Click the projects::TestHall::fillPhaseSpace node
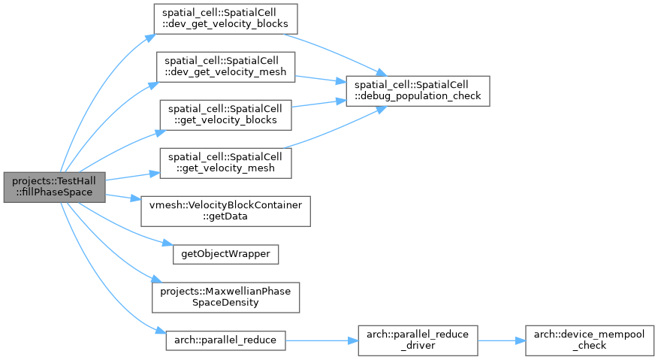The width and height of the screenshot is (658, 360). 55,187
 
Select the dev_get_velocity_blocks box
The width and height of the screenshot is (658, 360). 225,19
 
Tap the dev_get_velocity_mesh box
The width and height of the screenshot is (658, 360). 225,67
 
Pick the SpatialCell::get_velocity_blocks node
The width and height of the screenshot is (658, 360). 225,115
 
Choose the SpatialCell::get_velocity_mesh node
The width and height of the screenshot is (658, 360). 225,163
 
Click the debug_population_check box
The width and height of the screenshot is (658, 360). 418,91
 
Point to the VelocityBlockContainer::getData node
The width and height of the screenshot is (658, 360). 225,211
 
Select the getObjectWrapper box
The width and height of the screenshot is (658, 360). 225,254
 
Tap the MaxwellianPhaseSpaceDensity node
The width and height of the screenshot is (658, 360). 225,298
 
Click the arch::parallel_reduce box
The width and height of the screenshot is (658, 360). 225,340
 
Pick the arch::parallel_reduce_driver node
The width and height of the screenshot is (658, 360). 418,340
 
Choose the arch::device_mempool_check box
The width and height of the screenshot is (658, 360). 589,340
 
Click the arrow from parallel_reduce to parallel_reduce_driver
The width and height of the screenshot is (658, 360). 322,340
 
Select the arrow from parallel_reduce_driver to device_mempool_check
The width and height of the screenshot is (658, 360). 502,340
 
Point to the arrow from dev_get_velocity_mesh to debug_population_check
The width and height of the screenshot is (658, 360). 321,79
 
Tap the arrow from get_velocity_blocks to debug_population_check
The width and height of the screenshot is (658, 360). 319,103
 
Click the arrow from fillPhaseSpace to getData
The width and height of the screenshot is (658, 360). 123,197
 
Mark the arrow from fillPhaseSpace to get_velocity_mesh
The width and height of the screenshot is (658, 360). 133,177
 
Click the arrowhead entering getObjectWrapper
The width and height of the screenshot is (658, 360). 168,244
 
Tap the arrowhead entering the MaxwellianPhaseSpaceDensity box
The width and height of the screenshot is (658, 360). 157,279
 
